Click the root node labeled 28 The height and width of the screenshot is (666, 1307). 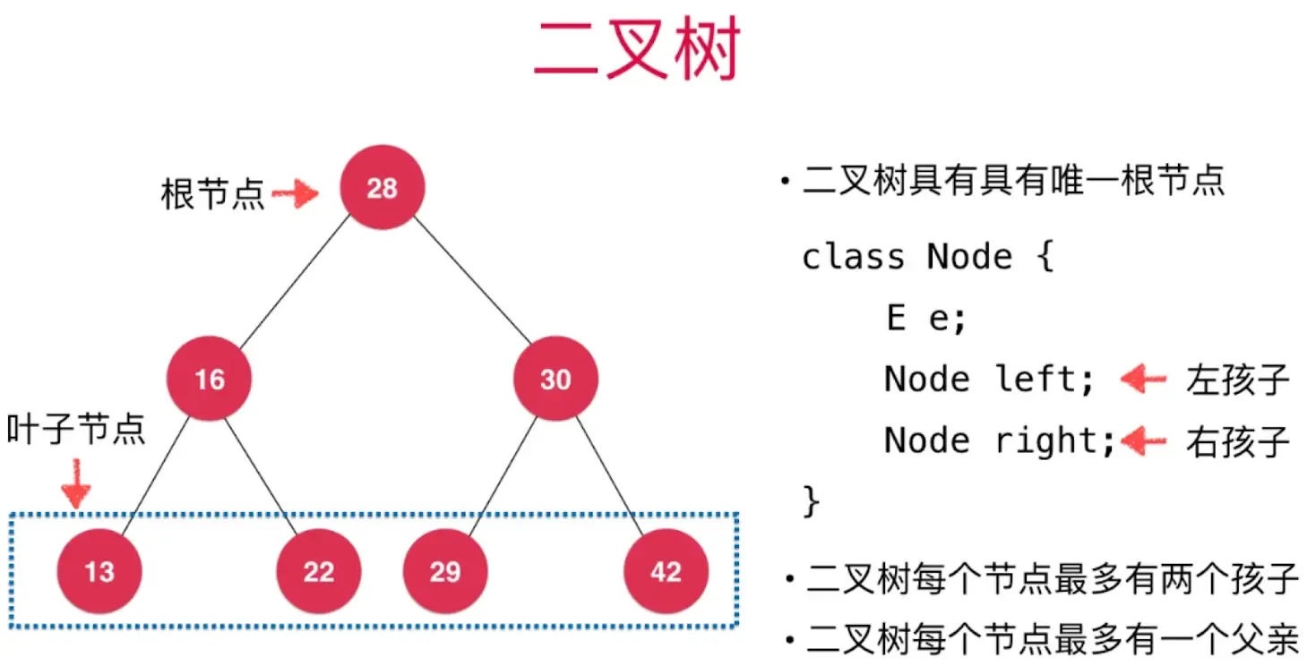click(x=382, y=188)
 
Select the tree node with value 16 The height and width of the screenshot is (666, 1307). click(x=209, y=379)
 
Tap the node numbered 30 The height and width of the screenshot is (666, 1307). click(x=555, y=379)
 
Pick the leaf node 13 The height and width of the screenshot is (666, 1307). click(x=99, y=571)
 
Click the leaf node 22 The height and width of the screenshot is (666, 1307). click(x=318, y=571)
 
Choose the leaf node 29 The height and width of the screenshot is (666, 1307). click(x=445, y=571)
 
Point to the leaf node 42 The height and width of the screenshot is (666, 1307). click(x=666, y=571)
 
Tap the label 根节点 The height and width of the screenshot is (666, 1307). click(x=213, y=193)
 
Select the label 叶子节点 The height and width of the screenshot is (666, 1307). click(x=76, y=430)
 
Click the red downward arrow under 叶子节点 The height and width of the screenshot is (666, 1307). click(x=76, y=483)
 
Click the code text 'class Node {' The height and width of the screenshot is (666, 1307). click(x=927, y=258)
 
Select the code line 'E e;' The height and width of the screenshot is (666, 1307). click(x=926, y=318)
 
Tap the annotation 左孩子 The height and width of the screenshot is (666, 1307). click(x=1237, y=380)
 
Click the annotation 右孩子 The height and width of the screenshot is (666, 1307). click(x=1237, y=441)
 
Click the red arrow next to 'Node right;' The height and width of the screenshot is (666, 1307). click(x=1144, y=440)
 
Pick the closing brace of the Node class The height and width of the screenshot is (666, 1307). click(x=811, y=499)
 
